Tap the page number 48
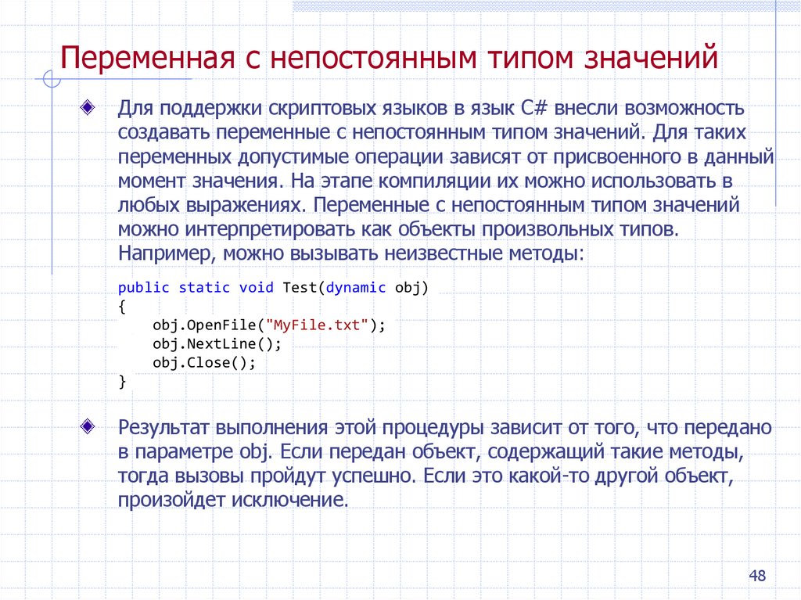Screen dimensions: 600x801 tap(756, 577)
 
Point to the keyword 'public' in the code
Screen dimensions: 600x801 tap(144, 287)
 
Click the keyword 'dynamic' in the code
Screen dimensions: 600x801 tap(356, 287)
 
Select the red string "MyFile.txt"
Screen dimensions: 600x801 tap(318, 325)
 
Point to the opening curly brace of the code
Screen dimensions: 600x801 tap(122, 307)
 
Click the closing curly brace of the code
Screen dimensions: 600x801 tap(122, 382)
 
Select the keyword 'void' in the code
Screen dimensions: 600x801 tap(256, 287)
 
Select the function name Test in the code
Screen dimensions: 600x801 tap(299, 287)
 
